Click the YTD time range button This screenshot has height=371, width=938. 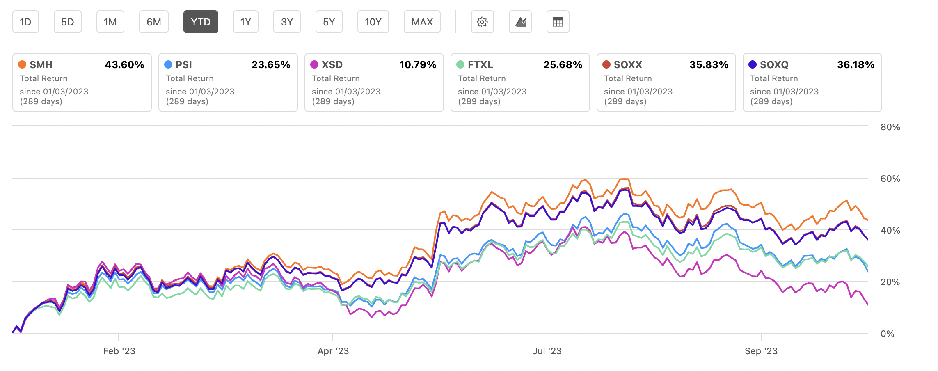click(x=201, y=22)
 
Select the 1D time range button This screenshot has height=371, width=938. click(x=25, y=22)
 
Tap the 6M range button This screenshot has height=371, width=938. click(x=154, y=22)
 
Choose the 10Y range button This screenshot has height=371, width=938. click(x=373, y=22)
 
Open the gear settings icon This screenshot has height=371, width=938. click(x=482, y=22)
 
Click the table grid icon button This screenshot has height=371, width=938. click(x=558, y=22)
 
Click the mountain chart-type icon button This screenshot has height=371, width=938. click(x=520, y=22)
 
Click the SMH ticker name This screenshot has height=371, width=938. click(x=41, y=65)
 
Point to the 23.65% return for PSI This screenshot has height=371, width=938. click(x=271, y=65)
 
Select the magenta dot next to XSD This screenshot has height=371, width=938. click(x=314, y=64)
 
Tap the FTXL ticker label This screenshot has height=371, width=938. click(x=480, y=65)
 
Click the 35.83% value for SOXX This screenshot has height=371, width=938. click(x=709, y=65)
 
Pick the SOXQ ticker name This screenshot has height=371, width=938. click(x=774, y=65)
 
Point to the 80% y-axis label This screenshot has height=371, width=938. click(x=890, y=127)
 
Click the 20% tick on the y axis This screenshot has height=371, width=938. click(x=890, y=282)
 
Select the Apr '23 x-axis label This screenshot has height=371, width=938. click(x=333, y=351)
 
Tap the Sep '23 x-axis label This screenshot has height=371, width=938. click(x=761, y=351)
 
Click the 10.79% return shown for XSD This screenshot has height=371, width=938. click(x=418, y=65)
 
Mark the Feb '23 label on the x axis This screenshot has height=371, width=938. click(x=119, y=351)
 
